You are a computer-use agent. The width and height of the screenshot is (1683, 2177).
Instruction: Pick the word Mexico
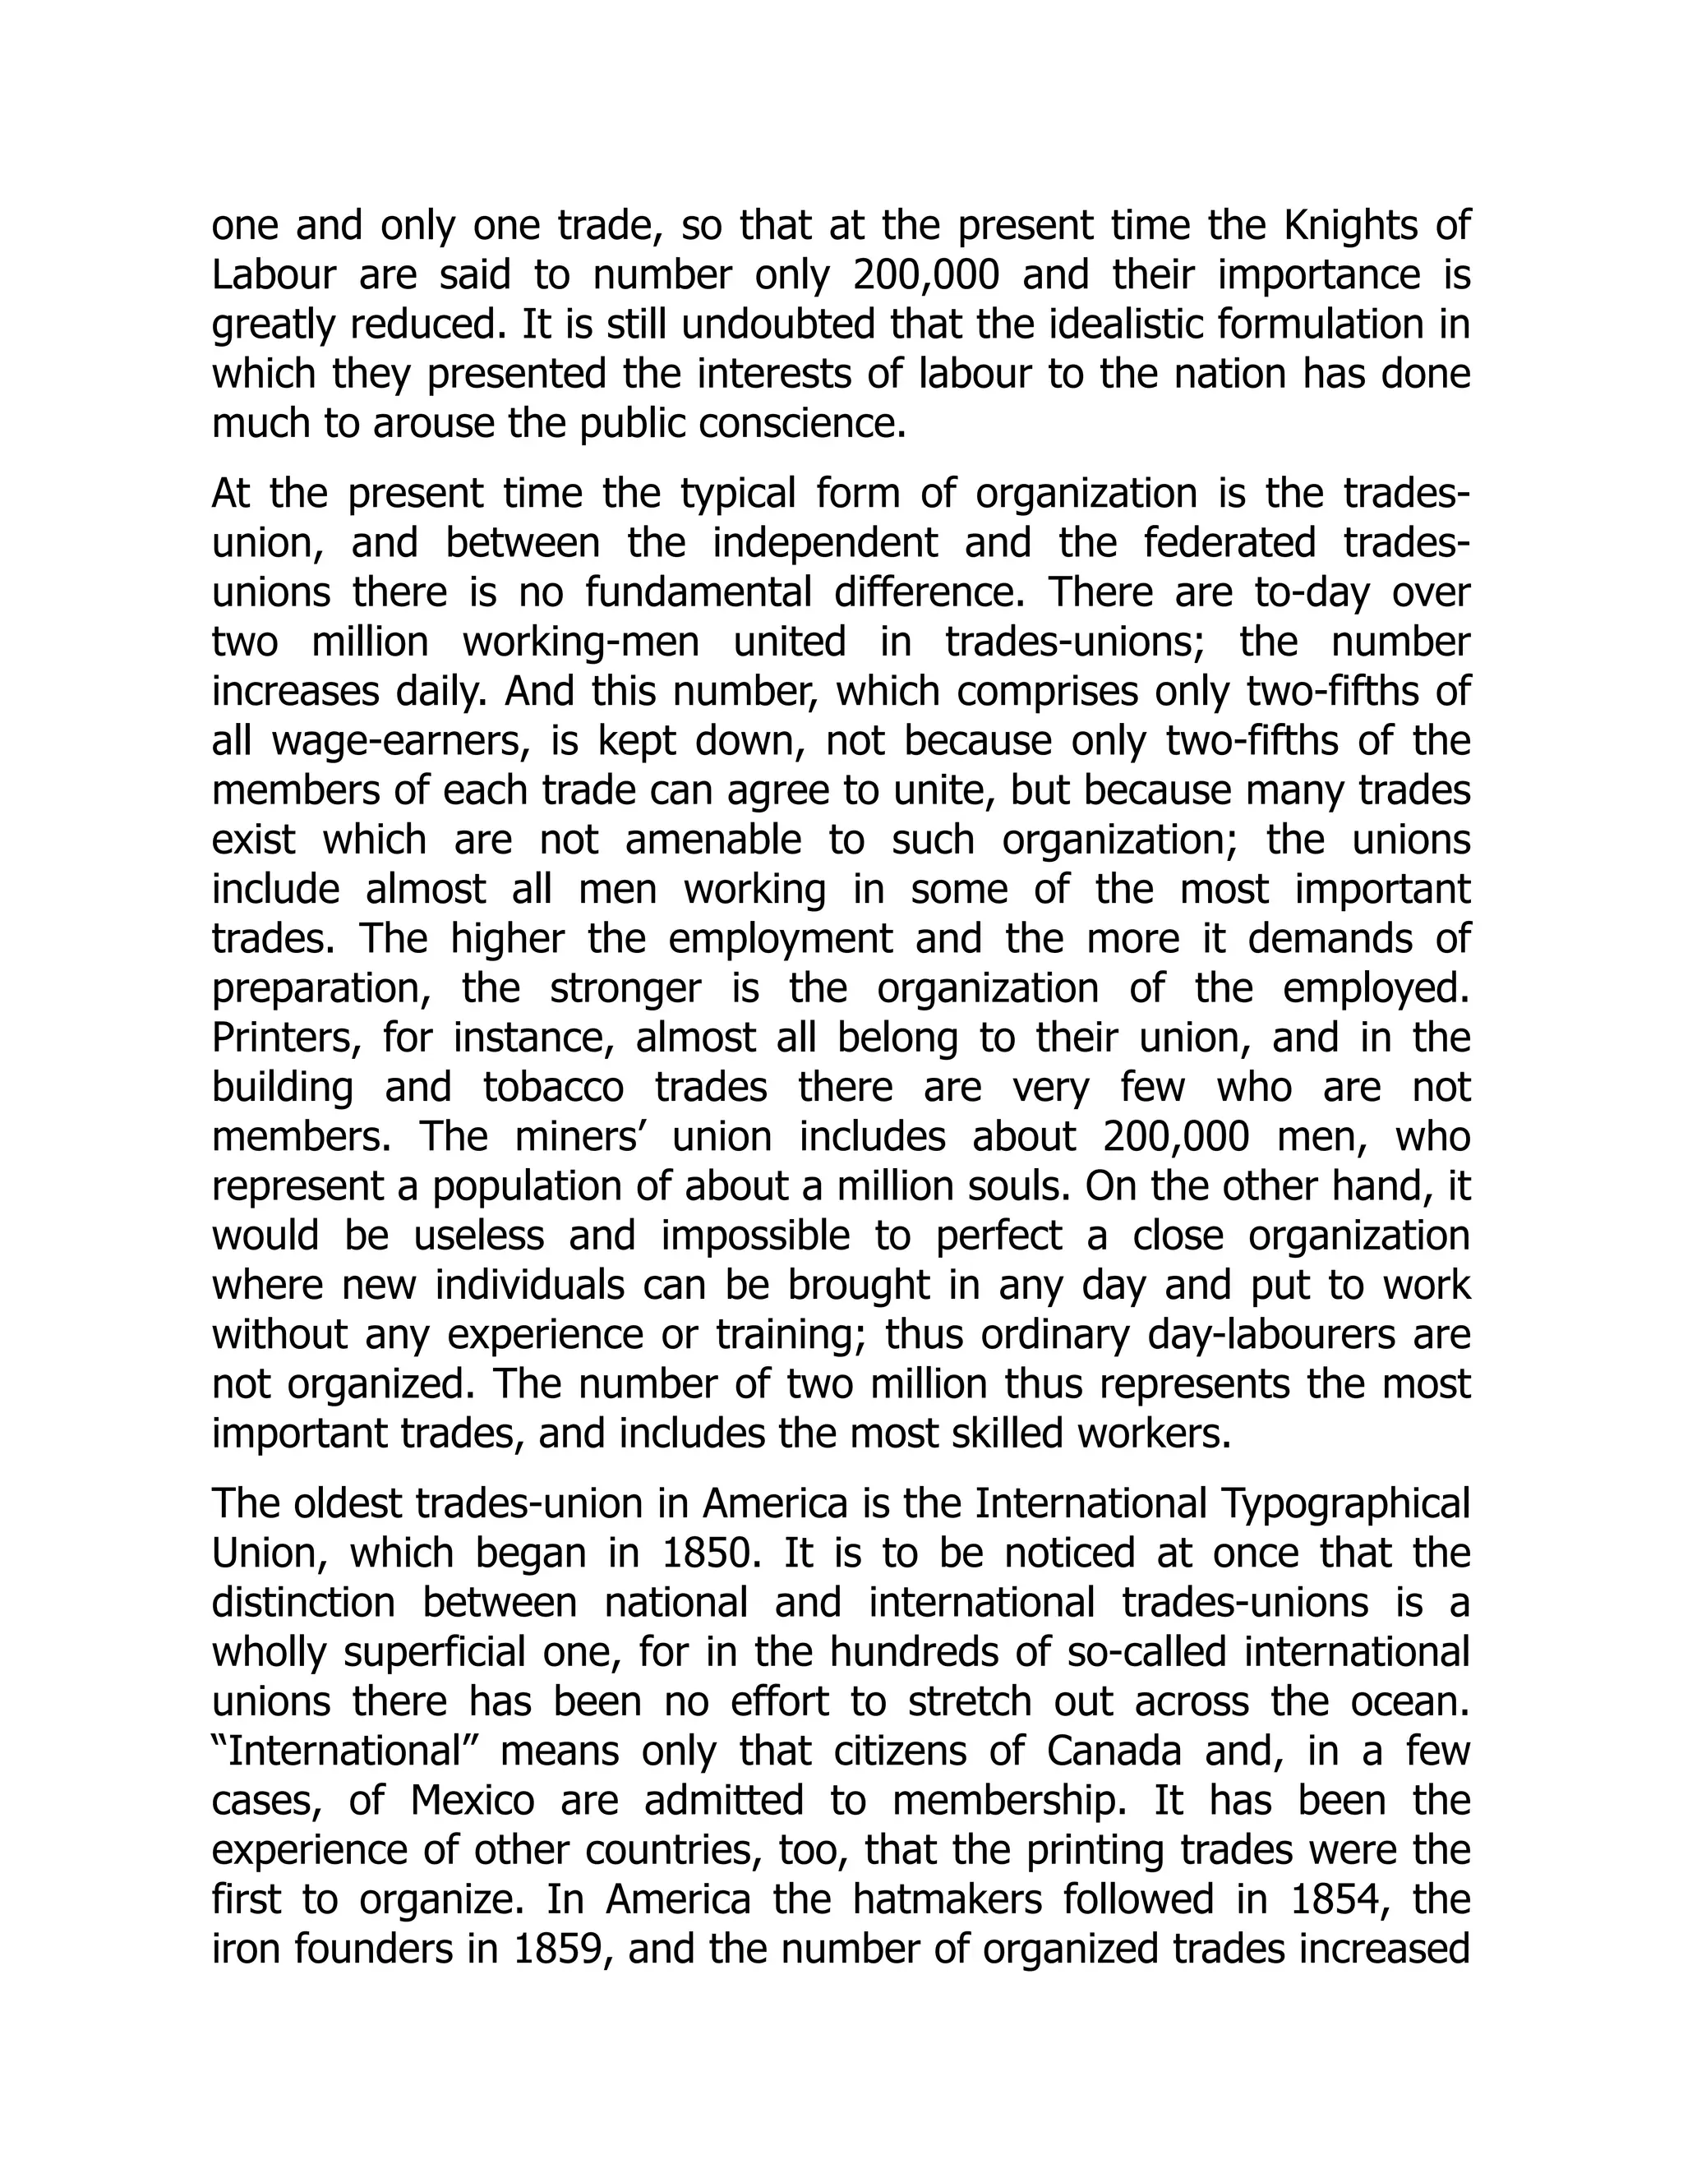point(473,1800)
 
